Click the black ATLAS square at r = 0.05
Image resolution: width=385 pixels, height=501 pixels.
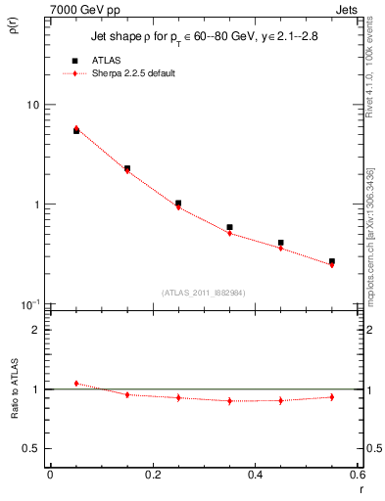[76, 130]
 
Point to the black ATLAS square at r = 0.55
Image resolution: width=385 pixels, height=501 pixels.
[332, 261]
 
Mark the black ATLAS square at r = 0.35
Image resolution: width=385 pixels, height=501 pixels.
[229, 227]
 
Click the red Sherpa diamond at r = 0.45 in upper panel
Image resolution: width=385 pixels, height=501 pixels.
[280, 249]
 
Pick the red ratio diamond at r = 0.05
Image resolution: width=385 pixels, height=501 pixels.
[76, 384]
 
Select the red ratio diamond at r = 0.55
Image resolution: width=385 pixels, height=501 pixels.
[332, 397]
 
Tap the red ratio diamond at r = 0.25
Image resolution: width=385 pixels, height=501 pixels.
[178, 398]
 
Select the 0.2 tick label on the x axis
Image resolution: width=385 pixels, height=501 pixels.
[152, 475]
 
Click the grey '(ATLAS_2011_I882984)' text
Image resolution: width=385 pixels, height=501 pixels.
[204, 292]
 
